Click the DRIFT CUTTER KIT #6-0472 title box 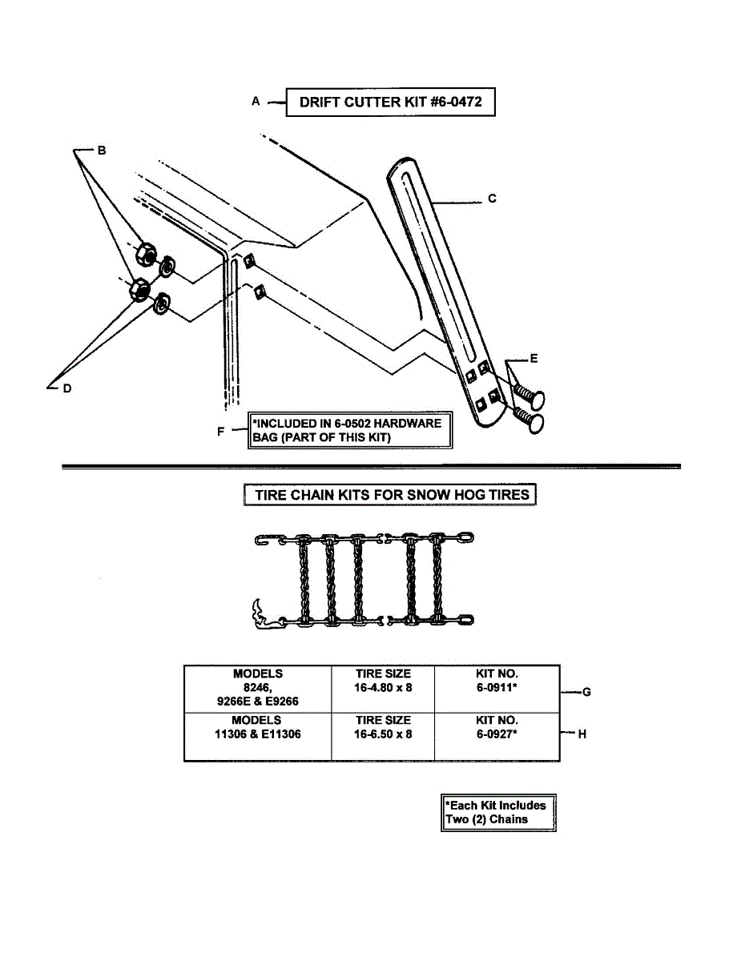(x=390, y=102)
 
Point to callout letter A (x=256, y=102)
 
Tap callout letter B (x=102, y=150)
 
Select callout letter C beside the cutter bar (x=492, y=198)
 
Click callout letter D (x=67, y=388)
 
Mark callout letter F (x=221, y=431)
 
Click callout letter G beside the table (x=586, y=692)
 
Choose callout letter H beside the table (x=582, y=734)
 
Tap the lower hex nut (x=139, y=290)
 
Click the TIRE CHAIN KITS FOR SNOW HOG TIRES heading (x=390, y=495)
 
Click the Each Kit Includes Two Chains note (x=498, y=813)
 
